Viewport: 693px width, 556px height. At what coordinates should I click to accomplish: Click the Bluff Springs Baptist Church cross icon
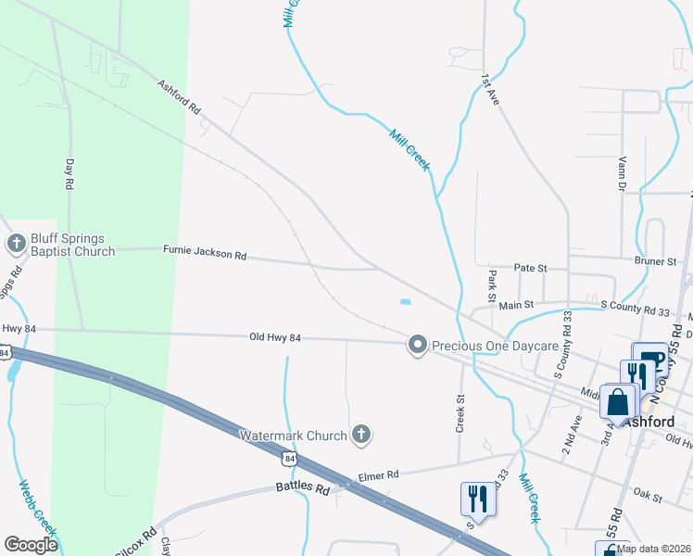point(16,245)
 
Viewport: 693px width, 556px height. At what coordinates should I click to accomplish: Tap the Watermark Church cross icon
point(361,434)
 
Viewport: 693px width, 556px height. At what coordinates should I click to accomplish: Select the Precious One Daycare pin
point(417,346)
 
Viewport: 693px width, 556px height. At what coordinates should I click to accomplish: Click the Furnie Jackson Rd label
point(205,251)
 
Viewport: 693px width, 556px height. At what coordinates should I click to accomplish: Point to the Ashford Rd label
point(179,95)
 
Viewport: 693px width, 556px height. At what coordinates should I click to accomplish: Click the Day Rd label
point(69,173)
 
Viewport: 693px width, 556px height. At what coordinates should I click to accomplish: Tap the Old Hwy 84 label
point(275,337)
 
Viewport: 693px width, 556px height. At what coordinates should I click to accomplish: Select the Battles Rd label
point(303,487)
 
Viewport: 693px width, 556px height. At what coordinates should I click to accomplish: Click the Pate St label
point(531,268)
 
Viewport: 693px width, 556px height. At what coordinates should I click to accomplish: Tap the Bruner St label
point(655,262)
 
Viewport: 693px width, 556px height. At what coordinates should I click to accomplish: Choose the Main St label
point(517,304)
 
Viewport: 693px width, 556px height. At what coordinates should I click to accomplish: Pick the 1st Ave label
point(490,88)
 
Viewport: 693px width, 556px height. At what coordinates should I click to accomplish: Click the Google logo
point(31,545)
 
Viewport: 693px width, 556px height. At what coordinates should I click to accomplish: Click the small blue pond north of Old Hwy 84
point(404,301)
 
